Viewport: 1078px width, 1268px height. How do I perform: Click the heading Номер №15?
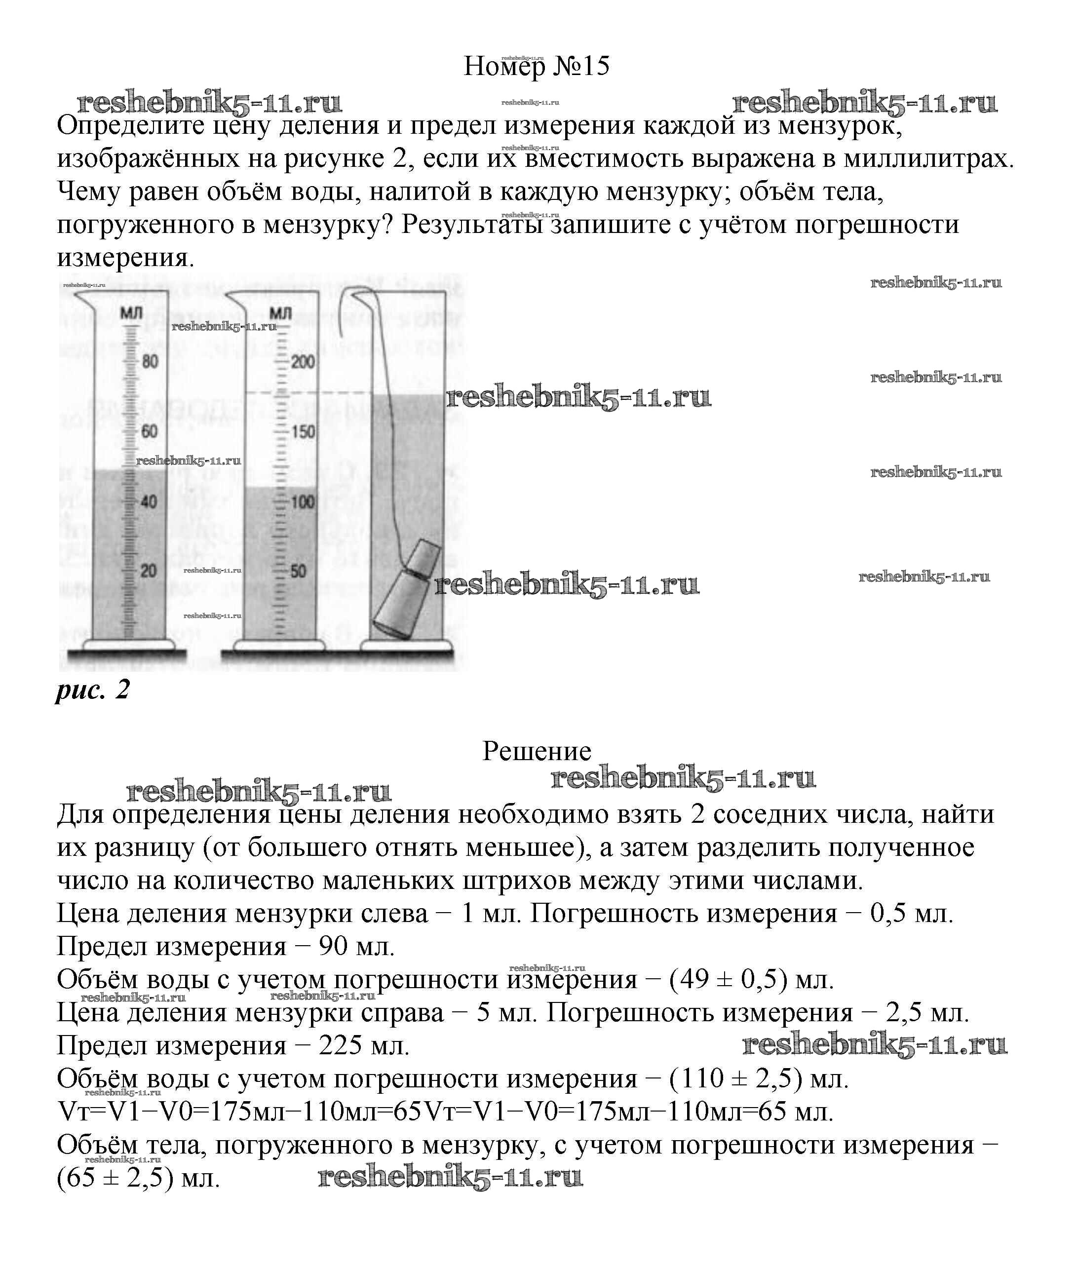[x=536, y=66]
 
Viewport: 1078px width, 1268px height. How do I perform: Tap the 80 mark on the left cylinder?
[x=150, y=361]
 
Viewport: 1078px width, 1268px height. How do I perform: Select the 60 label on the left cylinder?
[x=150, y=431]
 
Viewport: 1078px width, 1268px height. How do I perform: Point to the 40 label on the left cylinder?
[x=150, y=501]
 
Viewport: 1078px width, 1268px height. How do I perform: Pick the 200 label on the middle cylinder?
[x=303, y=362]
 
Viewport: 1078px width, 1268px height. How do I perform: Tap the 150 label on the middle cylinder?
[x=303, y=432]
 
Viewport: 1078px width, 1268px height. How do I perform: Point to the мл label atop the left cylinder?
[x=131, y=313]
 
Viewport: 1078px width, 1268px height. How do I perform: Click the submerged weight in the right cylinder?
[x=406, y=590]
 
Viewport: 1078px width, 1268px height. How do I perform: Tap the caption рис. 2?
[x=93, y=690]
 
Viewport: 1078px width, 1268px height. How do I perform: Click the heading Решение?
[x=537, y=751]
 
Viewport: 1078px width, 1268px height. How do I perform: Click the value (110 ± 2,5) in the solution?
[x=736, y=1078]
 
